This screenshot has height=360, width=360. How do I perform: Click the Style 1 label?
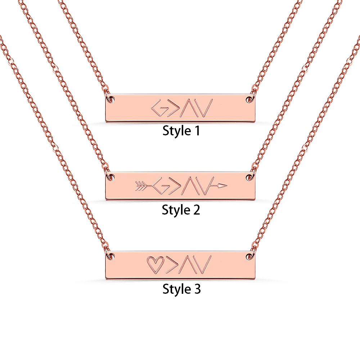[181, 131]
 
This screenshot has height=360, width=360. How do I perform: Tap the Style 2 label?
[181, 210]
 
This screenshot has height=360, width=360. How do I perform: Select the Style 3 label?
[181, 289]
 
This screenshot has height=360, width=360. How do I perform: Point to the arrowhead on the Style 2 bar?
[222, 186]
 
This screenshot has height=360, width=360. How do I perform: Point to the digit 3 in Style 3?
[197, 289]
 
